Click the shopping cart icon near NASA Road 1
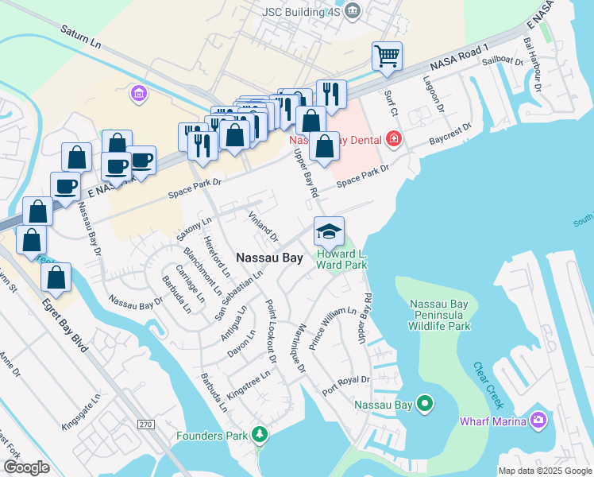[387, 56]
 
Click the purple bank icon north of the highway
[139, 95]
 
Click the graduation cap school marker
[329, 231]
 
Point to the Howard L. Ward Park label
[341, 260]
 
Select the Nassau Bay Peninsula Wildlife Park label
[439, 315]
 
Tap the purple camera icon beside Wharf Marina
[539, 420]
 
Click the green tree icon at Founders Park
[258, 434]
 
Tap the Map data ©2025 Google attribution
[544, 471]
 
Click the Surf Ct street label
[390, 102]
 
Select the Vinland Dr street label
[264, 227]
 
